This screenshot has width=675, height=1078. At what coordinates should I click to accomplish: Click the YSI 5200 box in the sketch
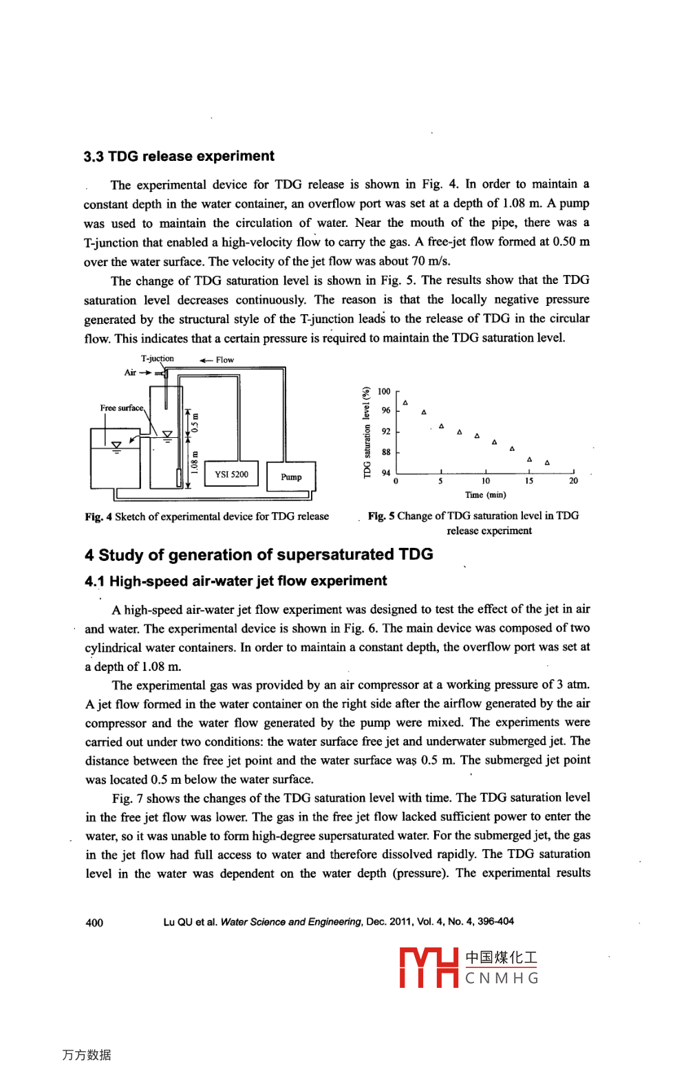click(x=231, y=474)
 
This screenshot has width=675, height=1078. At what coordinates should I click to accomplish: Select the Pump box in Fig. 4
click(x=291, y=476)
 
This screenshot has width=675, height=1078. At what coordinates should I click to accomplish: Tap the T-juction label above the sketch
click(x=158, y=358)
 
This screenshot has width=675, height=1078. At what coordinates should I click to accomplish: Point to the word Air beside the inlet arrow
click(x=130, y=373)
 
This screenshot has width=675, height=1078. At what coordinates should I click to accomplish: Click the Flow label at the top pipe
click(x=224, y=360)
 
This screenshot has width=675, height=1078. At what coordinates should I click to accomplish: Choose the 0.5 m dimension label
click(x=195, y=421)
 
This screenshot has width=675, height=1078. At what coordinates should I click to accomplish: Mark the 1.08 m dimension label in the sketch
click(x=195, y=463)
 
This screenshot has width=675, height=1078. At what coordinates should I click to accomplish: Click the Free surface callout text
click(x=122, y=408)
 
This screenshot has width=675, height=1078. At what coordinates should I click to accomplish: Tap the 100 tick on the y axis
click(x=384, y=391)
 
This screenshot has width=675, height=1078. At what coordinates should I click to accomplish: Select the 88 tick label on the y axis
click(x=386, y=452)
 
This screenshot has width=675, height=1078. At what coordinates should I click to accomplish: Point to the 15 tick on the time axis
click(x=528, y=481)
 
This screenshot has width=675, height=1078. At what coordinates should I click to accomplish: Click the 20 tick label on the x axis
click(x=573, y=481)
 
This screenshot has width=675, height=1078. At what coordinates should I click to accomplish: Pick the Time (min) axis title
click(x=485, y=495)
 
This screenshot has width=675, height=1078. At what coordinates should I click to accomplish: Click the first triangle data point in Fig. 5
click(x=405, y=402)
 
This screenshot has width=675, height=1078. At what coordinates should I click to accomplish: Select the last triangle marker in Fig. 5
click(x=547, y=463)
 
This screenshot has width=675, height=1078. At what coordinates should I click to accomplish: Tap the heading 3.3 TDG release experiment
click(x=179, y=156)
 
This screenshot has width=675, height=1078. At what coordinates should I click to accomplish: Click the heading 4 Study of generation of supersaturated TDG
click(x=259, y=554)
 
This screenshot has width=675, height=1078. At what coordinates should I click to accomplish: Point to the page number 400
click(x=94, y=923)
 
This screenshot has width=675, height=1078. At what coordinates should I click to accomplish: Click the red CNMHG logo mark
click(x=429, y=967)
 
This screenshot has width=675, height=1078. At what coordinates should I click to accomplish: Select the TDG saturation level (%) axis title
click(x=367, y=432)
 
